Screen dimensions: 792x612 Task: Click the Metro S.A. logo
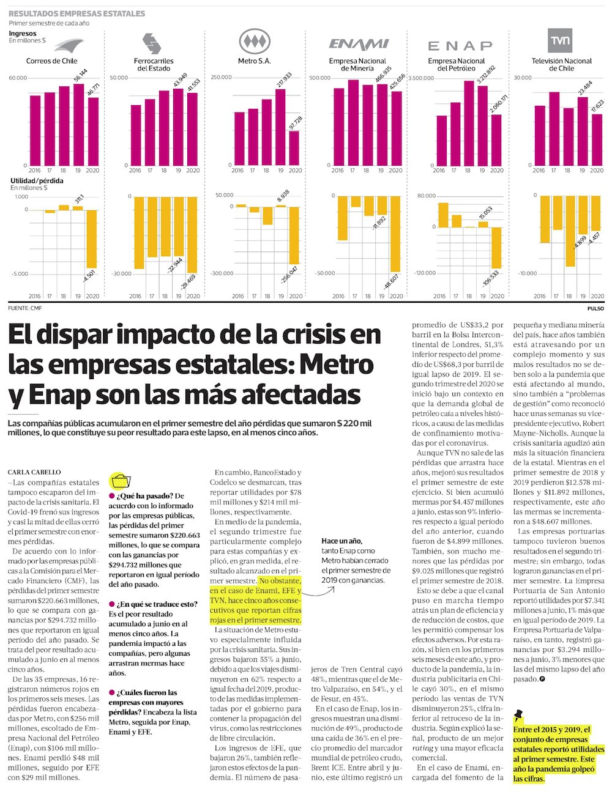pos(254,42)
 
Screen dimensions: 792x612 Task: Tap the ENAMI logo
pos(359,44)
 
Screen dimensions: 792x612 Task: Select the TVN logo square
pos(560,40)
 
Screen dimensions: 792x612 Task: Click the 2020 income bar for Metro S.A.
pos(294,148)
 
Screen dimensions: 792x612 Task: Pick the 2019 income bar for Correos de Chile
pos(79,124)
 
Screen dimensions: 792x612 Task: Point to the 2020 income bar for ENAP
pos(496,140)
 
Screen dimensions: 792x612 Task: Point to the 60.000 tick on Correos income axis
pos(18,78)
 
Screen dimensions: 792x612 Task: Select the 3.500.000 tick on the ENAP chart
pos(420,78)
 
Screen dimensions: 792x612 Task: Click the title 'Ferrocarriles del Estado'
pos(154,64)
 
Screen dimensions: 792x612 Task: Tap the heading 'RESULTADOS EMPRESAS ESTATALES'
pos(77,13)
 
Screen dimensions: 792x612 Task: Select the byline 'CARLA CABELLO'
pos(34,472)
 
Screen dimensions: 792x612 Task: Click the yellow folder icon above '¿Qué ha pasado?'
pos(121,481)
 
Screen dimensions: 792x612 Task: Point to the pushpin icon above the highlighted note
pos(519,714)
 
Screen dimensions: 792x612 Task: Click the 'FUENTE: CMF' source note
pos(25,308)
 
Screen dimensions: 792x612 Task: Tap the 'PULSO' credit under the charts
pos(595,308)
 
